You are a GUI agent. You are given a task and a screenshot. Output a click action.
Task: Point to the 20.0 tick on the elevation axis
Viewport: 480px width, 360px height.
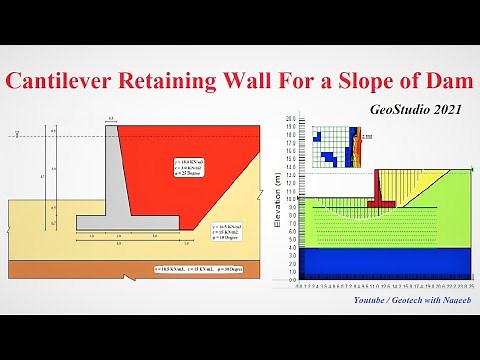[x=291, y=119]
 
